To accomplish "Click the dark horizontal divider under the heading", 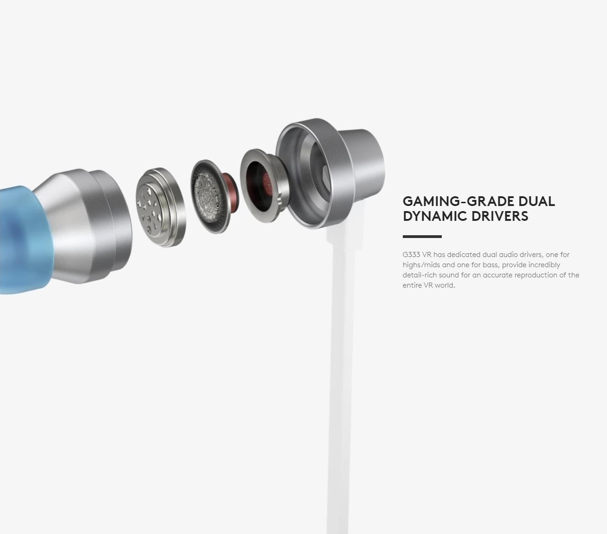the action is point(422,237).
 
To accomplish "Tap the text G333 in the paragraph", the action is point(411,255).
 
